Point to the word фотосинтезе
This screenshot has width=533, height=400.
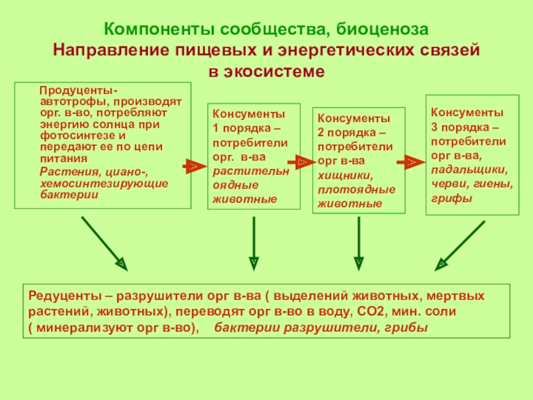tap(69, 135)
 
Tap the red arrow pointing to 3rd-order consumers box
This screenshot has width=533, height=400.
tap(409, 162)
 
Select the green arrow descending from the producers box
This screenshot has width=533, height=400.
tap(103, 243)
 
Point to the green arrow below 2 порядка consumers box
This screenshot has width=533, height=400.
tap(359, 244)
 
